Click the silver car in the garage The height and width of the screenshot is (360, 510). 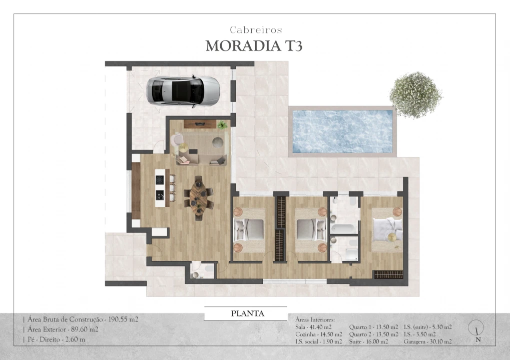(x=183, y=90)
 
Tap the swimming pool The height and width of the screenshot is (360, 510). (x=342, y=131)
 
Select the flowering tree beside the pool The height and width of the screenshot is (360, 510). (x=415, y=94)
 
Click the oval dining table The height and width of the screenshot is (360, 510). (x=199, y=197)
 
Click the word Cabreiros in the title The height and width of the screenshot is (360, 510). (x=256, y=30)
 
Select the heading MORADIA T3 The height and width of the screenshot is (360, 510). (x=254, y=46)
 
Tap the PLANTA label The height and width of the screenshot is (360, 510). (x=247, y=314)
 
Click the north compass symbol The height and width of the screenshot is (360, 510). (x=478, y=328)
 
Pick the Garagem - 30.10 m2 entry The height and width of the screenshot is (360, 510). (x=427, y=341)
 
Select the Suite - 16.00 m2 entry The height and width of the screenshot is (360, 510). (x=368, y=341)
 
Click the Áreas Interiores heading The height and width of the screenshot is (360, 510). (x=315, y=319)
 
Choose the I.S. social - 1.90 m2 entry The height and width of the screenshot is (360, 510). (x=319, y=341)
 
